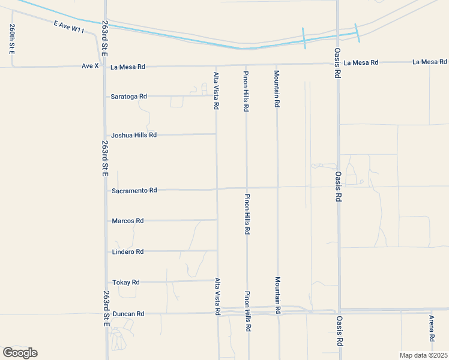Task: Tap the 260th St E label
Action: tap(12, 39)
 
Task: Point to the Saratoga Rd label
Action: tap(128, 97)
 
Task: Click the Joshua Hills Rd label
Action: tap(133, 135)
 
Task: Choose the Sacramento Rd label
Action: tap(134, 190)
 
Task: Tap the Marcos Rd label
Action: tap(127, 221)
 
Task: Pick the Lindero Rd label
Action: tap(127, 251)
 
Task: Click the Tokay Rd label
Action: tap(125, 282)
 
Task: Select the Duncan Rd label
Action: tap(128, 314)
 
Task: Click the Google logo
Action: tap(20, 353)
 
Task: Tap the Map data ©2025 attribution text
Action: tap(423, 355)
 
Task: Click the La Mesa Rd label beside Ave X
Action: tap(128, 67)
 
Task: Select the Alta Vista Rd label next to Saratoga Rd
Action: tap(216, 91)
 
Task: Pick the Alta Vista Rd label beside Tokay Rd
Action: tap(217, 296)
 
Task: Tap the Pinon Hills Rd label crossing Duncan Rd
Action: tap(247, 312)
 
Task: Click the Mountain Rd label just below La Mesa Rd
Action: tap(277, 88)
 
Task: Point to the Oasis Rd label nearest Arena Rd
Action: tap(339, 332)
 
